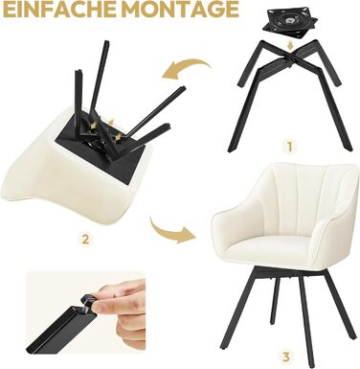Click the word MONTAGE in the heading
180,9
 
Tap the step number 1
289,148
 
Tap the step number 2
85,239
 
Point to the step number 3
286,357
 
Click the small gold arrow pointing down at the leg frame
289,45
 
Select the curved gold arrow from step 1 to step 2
186,69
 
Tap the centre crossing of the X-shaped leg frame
290,56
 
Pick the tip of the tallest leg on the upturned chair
106,42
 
